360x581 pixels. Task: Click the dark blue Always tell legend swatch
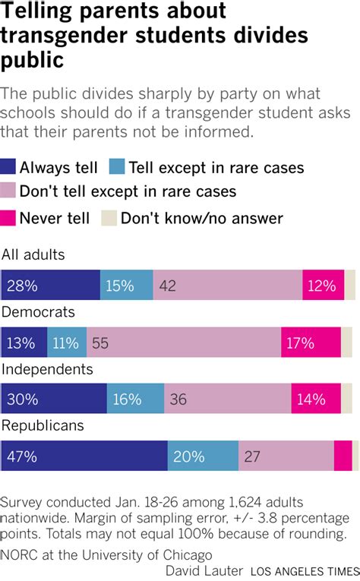pyautogui.click(x=9, y=168)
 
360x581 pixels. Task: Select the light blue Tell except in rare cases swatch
pyautogui.click(x=117, y=168)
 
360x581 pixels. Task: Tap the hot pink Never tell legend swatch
pyautogui.click(x=9, y=219)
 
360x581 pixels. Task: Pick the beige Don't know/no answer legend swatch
pyautogui.click(x=109, y=219)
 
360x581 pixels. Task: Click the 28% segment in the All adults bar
pyautogui.click(x=50, y=286)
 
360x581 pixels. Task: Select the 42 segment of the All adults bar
pyautogui.click(x=227, y=286)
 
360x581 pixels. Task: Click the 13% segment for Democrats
pyautogui.click(x=24, y=343)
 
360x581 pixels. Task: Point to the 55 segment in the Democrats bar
pyautogui.click(x=184, y=343)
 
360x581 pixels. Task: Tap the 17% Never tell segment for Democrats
pyautogui.click(x=311, y=343)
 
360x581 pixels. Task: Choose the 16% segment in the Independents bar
pyautogui.click(x=135, y=399)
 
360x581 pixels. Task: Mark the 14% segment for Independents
pyautogui.click(x=318, y=399)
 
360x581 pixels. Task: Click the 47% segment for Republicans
pyautogui.click(x=84, y=456)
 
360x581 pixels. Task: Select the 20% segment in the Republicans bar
pyautogui.click(x=203, y=456)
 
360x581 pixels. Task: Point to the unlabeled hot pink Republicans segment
pyautogui.click(x=343, y=456)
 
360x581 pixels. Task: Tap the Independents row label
pyautogui.click(x=47, y=369)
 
